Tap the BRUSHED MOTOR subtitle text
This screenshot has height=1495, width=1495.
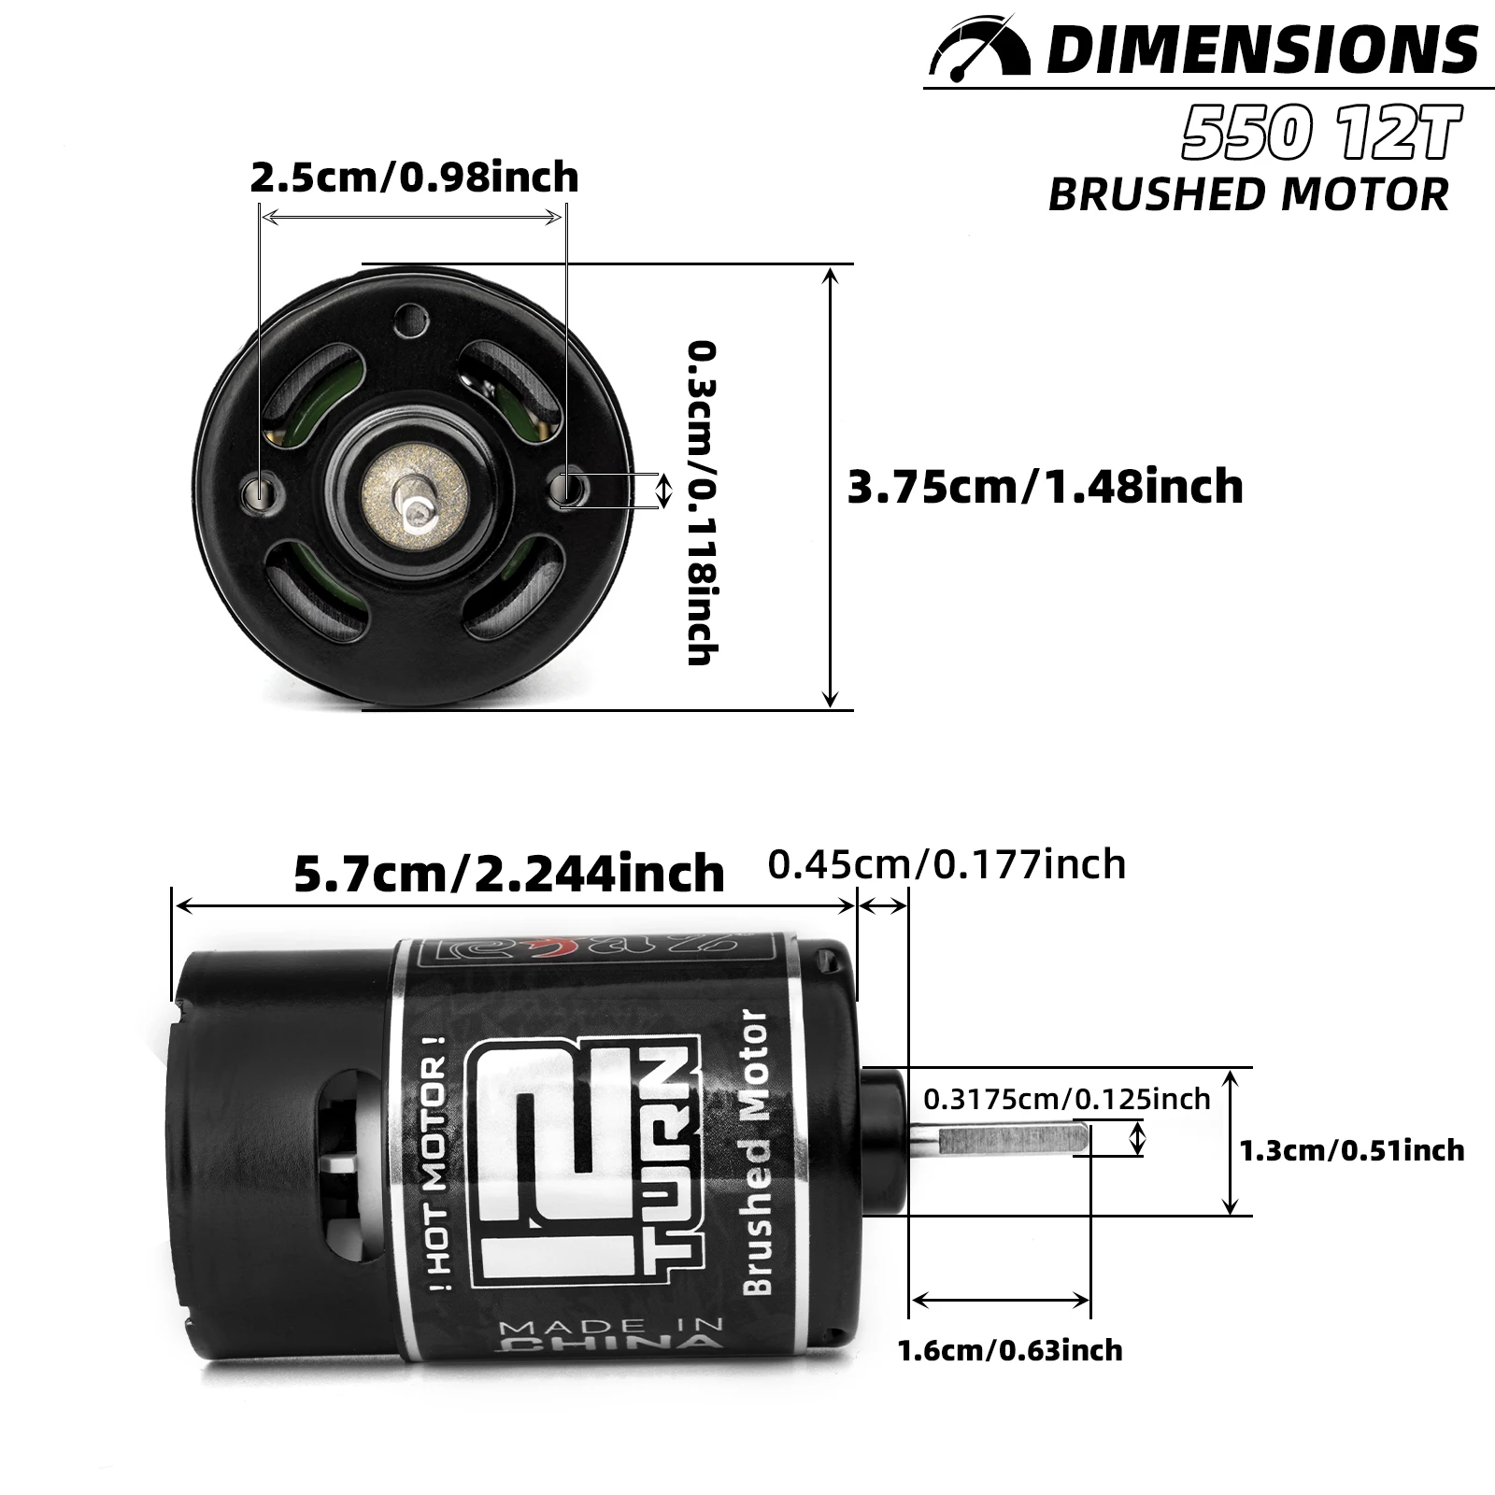point(1248,194)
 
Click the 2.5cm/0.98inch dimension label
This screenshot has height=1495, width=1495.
point(414,177)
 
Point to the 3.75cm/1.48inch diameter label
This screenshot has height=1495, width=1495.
point(1045,487)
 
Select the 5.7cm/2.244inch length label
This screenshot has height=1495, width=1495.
point(509,874)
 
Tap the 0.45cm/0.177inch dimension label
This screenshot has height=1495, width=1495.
point(947,864)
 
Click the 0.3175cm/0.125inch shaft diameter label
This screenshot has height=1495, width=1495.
point(1067,1099)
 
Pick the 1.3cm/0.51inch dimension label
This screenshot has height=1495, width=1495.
point(1352,1149)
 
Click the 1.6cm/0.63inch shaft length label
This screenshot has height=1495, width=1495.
point(1010,1350)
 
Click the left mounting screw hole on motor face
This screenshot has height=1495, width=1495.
point(260,491)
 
